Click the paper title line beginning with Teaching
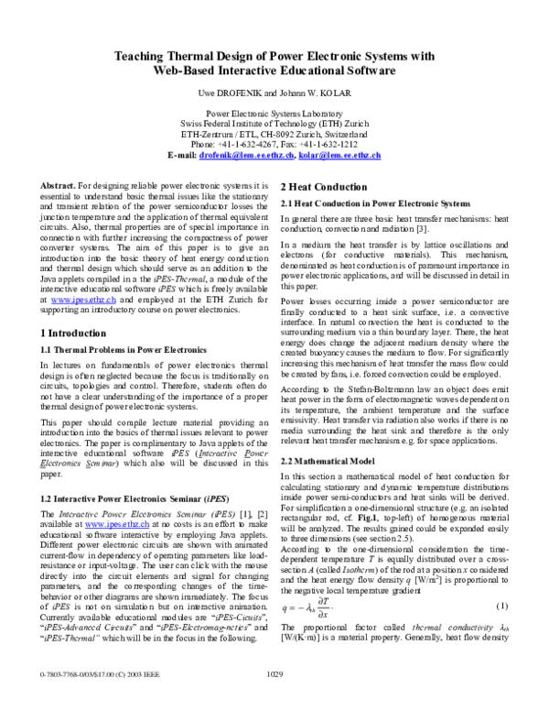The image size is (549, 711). point(274,56)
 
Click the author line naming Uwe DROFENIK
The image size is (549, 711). point(274,94)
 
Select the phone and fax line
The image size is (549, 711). point(274,145)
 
